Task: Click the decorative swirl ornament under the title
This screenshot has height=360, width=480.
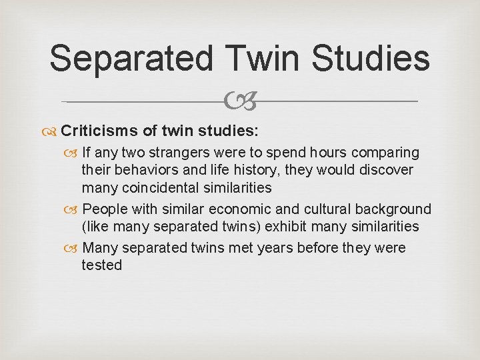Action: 239,102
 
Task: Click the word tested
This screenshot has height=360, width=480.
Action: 101,265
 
